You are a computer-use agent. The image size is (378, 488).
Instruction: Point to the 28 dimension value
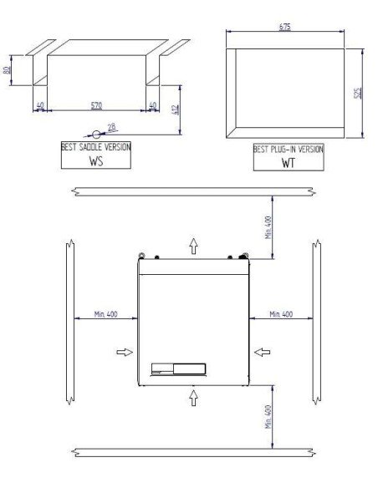(x=112, y=126)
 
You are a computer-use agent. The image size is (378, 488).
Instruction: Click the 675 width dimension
(x=284, y=28)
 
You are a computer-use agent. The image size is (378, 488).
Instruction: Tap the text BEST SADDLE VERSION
(x=96, y=146)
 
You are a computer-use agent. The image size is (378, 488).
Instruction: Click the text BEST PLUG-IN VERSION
(x=288, y=150)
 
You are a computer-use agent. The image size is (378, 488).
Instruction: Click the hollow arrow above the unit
(x=194, y=245)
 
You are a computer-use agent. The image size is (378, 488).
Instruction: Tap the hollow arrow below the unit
(x=194, y=397)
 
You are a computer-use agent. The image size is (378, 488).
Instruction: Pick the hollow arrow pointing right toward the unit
(x=124, y=352)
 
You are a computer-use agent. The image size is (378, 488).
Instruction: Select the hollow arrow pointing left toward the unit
(x=259, y=352)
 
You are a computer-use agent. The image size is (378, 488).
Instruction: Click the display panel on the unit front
(x=176, y=368)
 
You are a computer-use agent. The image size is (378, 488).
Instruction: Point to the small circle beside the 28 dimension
(x=97, y=133)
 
